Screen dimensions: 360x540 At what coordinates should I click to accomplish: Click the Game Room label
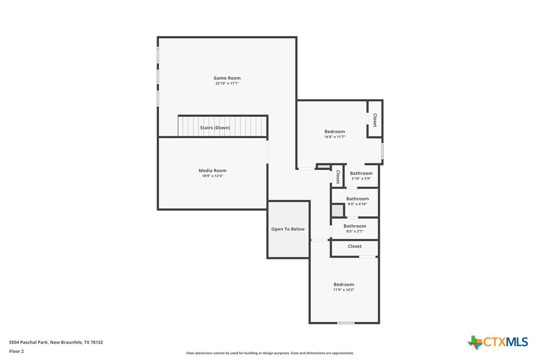(x=227, y=78)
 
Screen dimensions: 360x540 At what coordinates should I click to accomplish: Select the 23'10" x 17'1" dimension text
(x=227, y=84)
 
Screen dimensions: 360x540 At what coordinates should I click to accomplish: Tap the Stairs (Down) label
(x=215, y=128)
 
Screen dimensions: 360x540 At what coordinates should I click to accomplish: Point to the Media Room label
(x=212, y=171)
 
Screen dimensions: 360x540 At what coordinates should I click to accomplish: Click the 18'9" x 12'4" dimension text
(x=212, y=176)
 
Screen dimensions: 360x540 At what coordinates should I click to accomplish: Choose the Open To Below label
(x=287, y=229)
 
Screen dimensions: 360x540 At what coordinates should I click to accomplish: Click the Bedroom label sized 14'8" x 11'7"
(x=334, y=132)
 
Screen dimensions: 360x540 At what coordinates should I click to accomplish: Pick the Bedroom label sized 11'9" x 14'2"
(x=344, y=284)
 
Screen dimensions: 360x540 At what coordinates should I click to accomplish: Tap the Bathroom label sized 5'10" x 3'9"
(x=361, y=173)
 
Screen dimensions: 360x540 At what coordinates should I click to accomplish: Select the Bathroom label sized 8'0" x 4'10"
(x=358, y=199)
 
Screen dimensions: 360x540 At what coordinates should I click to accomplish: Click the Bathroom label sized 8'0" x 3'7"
(x=355, y=226)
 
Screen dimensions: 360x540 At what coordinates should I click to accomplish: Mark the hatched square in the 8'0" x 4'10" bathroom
(x=338, y=211)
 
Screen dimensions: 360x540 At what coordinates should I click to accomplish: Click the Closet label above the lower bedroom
(x=355, y=246)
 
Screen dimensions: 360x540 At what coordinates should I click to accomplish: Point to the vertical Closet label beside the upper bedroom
(x=375, y=120)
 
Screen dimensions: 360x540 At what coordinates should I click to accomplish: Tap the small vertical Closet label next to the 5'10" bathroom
(x=338, y=177)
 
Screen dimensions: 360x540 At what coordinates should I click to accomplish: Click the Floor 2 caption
(x=16, y=351)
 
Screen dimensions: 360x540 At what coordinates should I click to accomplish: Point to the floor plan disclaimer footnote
(x=270, y=353)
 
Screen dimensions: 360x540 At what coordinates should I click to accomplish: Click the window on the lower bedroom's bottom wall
(x=346, y=323)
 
